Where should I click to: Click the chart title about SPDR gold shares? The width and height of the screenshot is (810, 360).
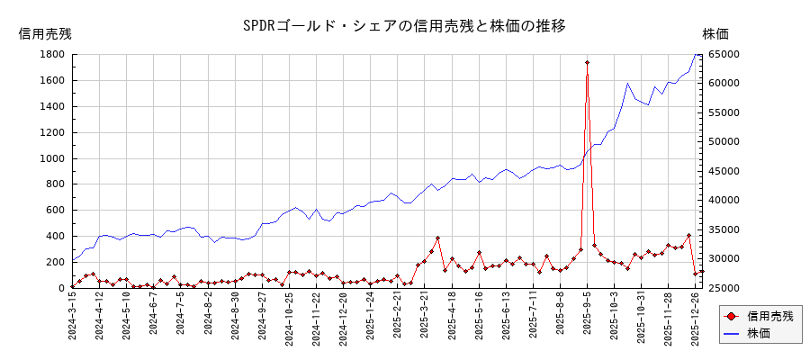pos(404,25)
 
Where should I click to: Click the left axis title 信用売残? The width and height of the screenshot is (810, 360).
pos(45,33)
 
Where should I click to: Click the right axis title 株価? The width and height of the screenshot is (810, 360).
pos(715,33)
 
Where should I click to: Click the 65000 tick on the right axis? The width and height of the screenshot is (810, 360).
pos(724,54)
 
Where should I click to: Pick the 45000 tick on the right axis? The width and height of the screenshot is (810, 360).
pos(724,171)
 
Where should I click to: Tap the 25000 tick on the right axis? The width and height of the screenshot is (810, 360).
pos(724,288)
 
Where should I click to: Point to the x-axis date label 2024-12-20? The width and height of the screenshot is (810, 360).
pos(343,319)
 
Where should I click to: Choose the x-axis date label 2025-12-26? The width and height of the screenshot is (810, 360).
pos(695,319)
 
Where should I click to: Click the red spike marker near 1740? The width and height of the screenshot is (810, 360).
pos(588,63)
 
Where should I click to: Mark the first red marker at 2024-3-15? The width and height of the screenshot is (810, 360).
pos(73,287)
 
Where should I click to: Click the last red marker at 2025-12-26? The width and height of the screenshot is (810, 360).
pos(702,271)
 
